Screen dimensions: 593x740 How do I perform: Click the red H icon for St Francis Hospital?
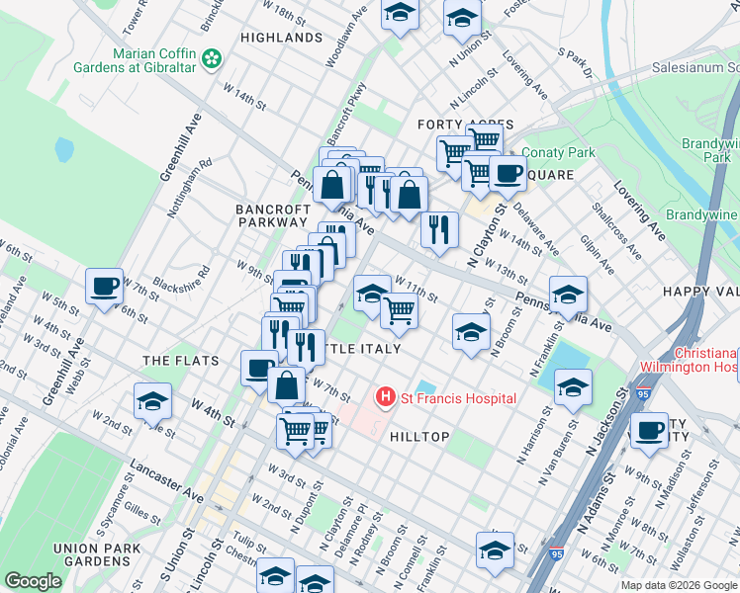click(x=386, y=397)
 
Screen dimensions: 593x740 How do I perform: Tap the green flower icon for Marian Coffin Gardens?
click(x=211, y=60)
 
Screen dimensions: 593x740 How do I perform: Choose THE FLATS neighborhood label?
click(x=180, y=361)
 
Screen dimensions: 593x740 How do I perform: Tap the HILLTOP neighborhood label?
click(x=419, y=437)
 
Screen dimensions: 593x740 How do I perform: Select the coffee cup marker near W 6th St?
click(x=104, y=288)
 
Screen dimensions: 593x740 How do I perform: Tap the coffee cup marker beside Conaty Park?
click(x=509, y=174)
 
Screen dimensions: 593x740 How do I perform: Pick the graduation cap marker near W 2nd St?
click(x=153, y=402)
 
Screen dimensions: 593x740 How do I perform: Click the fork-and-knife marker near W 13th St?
click(x=439, y=227)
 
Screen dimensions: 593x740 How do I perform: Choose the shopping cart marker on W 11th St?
click(x=399, y=310)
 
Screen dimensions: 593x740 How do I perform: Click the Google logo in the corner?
click(x=33, y=581)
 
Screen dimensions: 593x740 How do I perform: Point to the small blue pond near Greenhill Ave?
click(x=64, y=150)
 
